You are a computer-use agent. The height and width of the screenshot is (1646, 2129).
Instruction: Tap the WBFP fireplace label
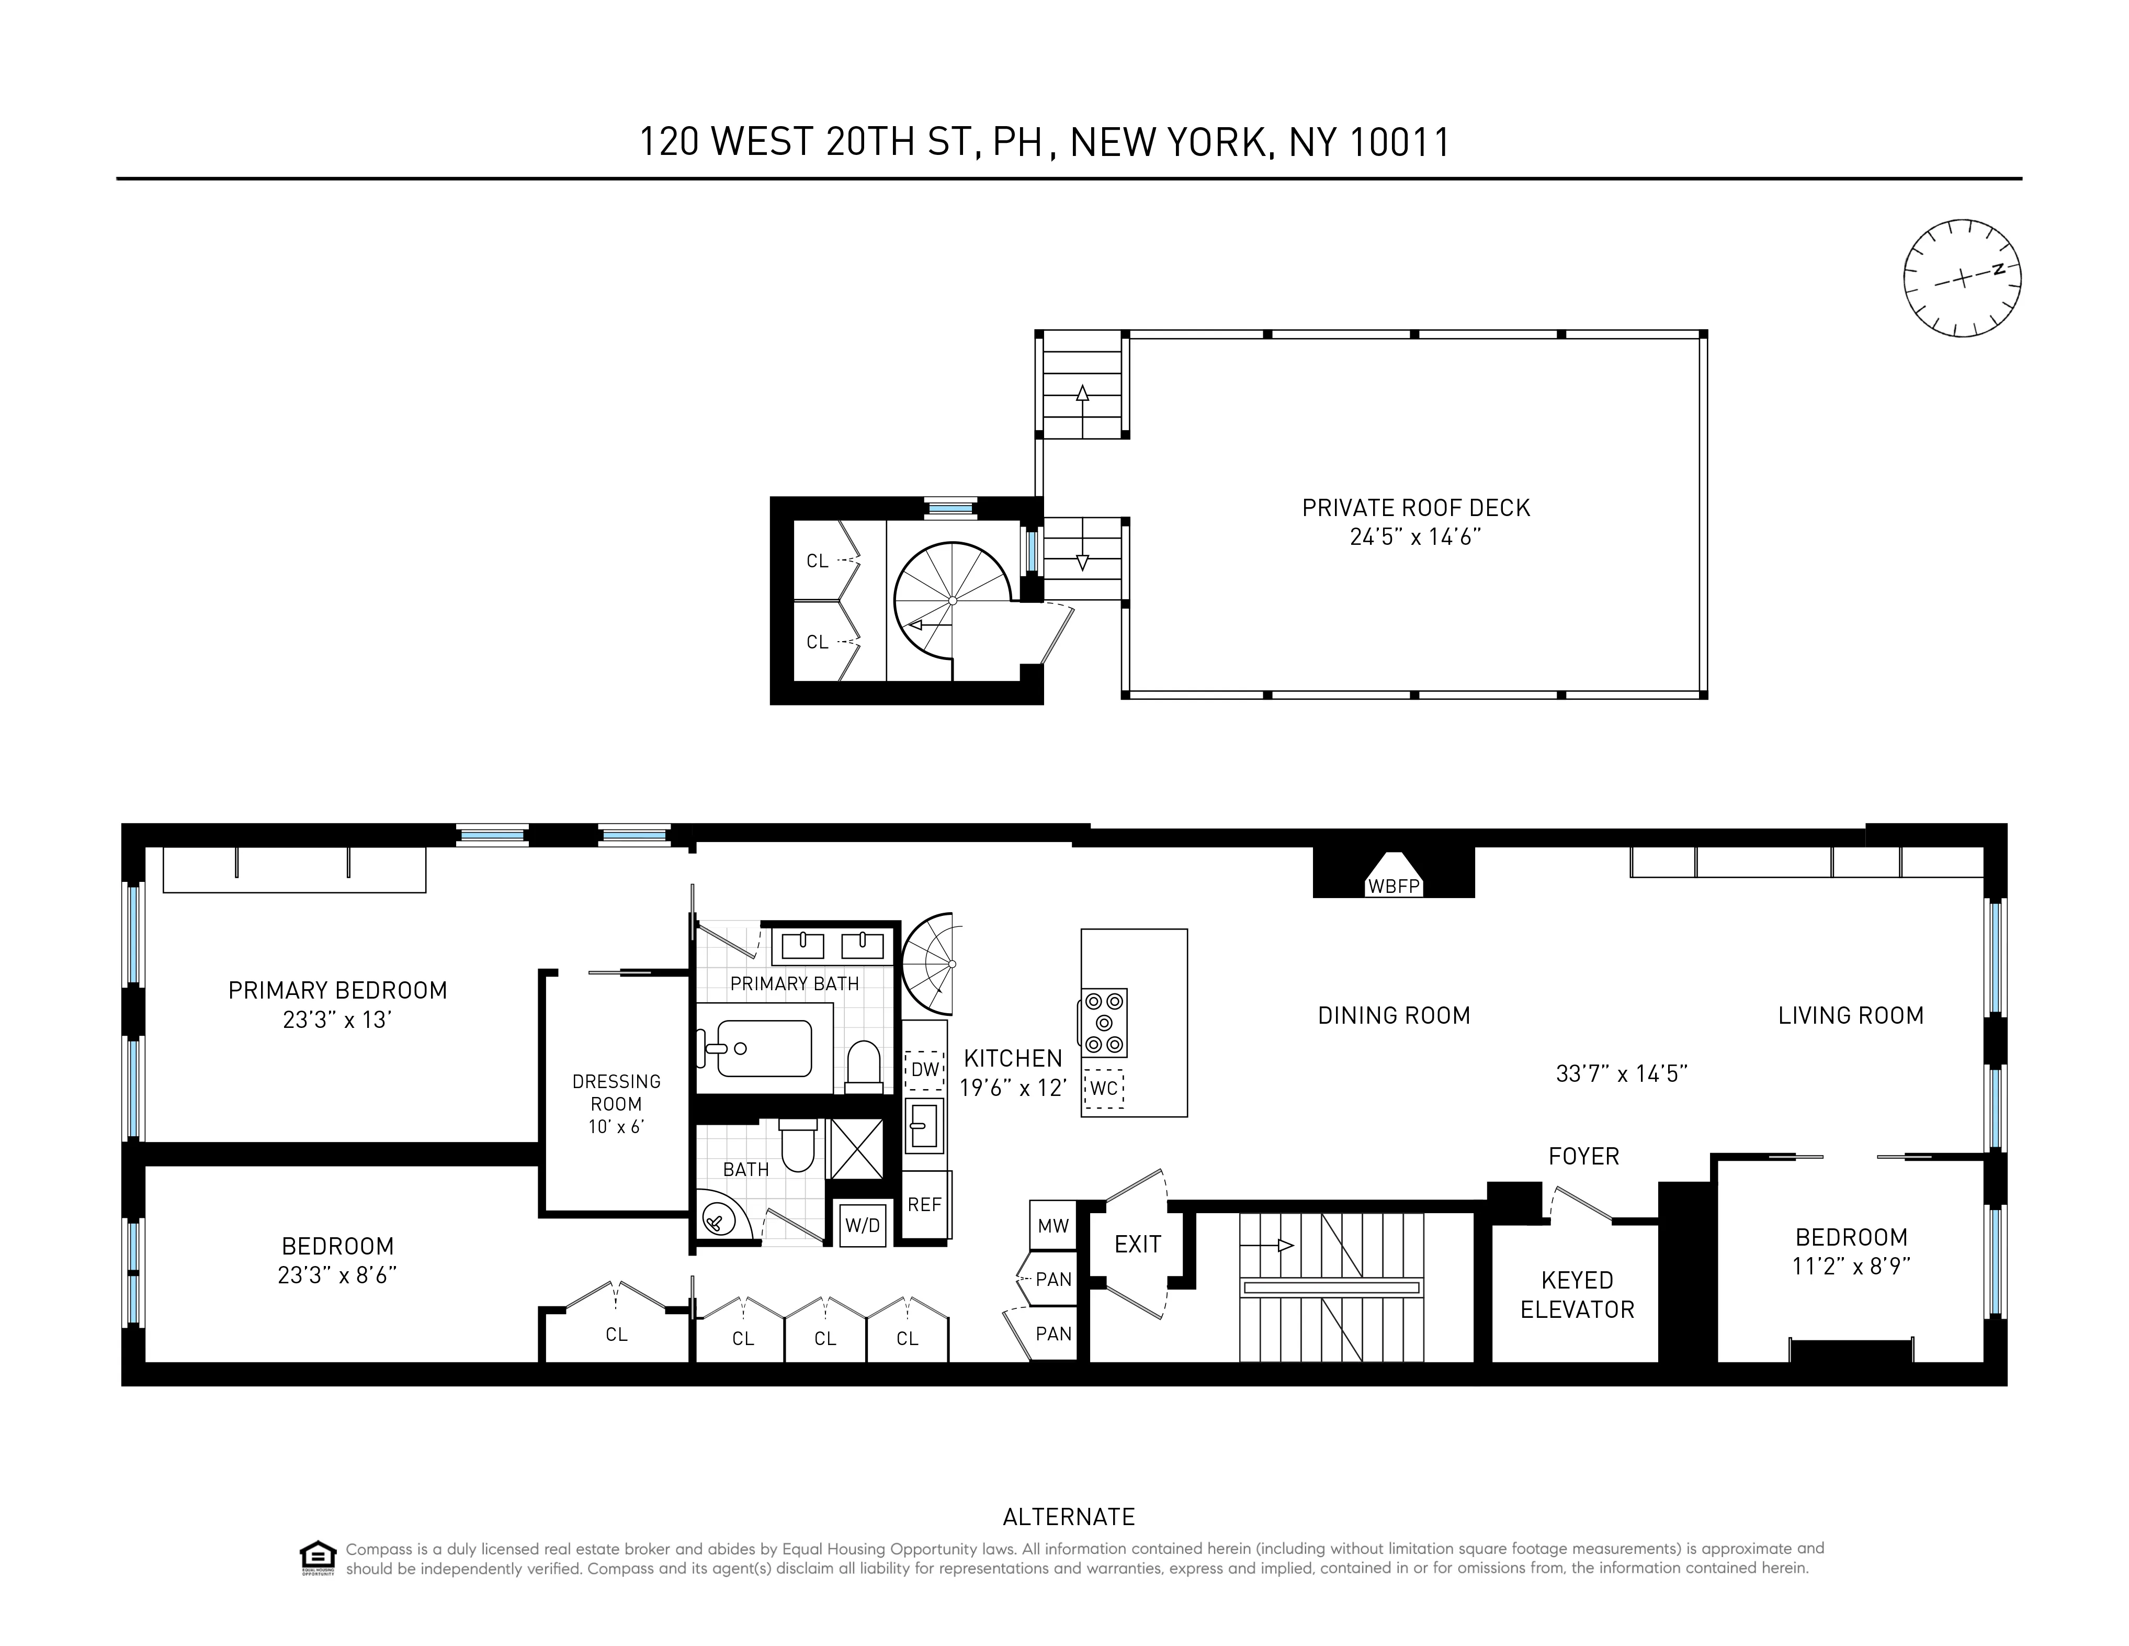pos(1394,887)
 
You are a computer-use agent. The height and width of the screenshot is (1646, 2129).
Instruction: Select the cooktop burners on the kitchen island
pos(1104,1023)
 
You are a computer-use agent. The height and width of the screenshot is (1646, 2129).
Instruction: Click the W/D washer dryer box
pos(862,1225)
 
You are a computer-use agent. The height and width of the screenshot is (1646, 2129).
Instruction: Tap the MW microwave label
pos(1053,1226)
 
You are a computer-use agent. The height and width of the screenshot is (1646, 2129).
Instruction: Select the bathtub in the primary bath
pos(764,1048)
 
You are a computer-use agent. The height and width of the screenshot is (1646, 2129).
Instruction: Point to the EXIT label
pos(1138,1244)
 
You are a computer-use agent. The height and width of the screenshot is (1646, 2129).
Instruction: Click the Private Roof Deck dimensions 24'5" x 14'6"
pos(1415,538)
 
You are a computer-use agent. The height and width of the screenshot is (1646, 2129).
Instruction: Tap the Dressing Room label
pos(616,1092)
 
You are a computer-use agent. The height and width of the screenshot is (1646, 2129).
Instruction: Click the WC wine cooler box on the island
pos(1104,1088)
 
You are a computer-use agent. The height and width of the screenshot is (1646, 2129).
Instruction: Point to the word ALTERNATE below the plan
pos(1068,1516)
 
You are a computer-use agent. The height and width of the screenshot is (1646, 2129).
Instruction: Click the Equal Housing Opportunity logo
pos(318,1557)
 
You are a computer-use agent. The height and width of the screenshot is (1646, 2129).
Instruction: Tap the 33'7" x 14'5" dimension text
pos(1621,1073)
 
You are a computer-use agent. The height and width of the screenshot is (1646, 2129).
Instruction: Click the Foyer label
pos(1583,1157)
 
